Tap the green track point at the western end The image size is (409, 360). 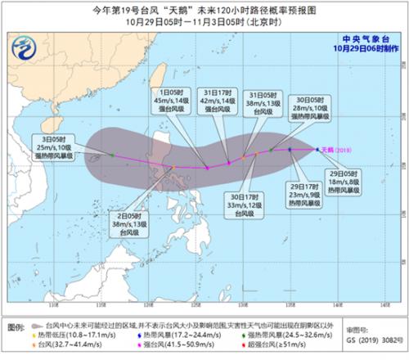(x=112, y=154)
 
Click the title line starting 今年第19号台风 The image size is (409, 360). (x=204, y=11)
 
